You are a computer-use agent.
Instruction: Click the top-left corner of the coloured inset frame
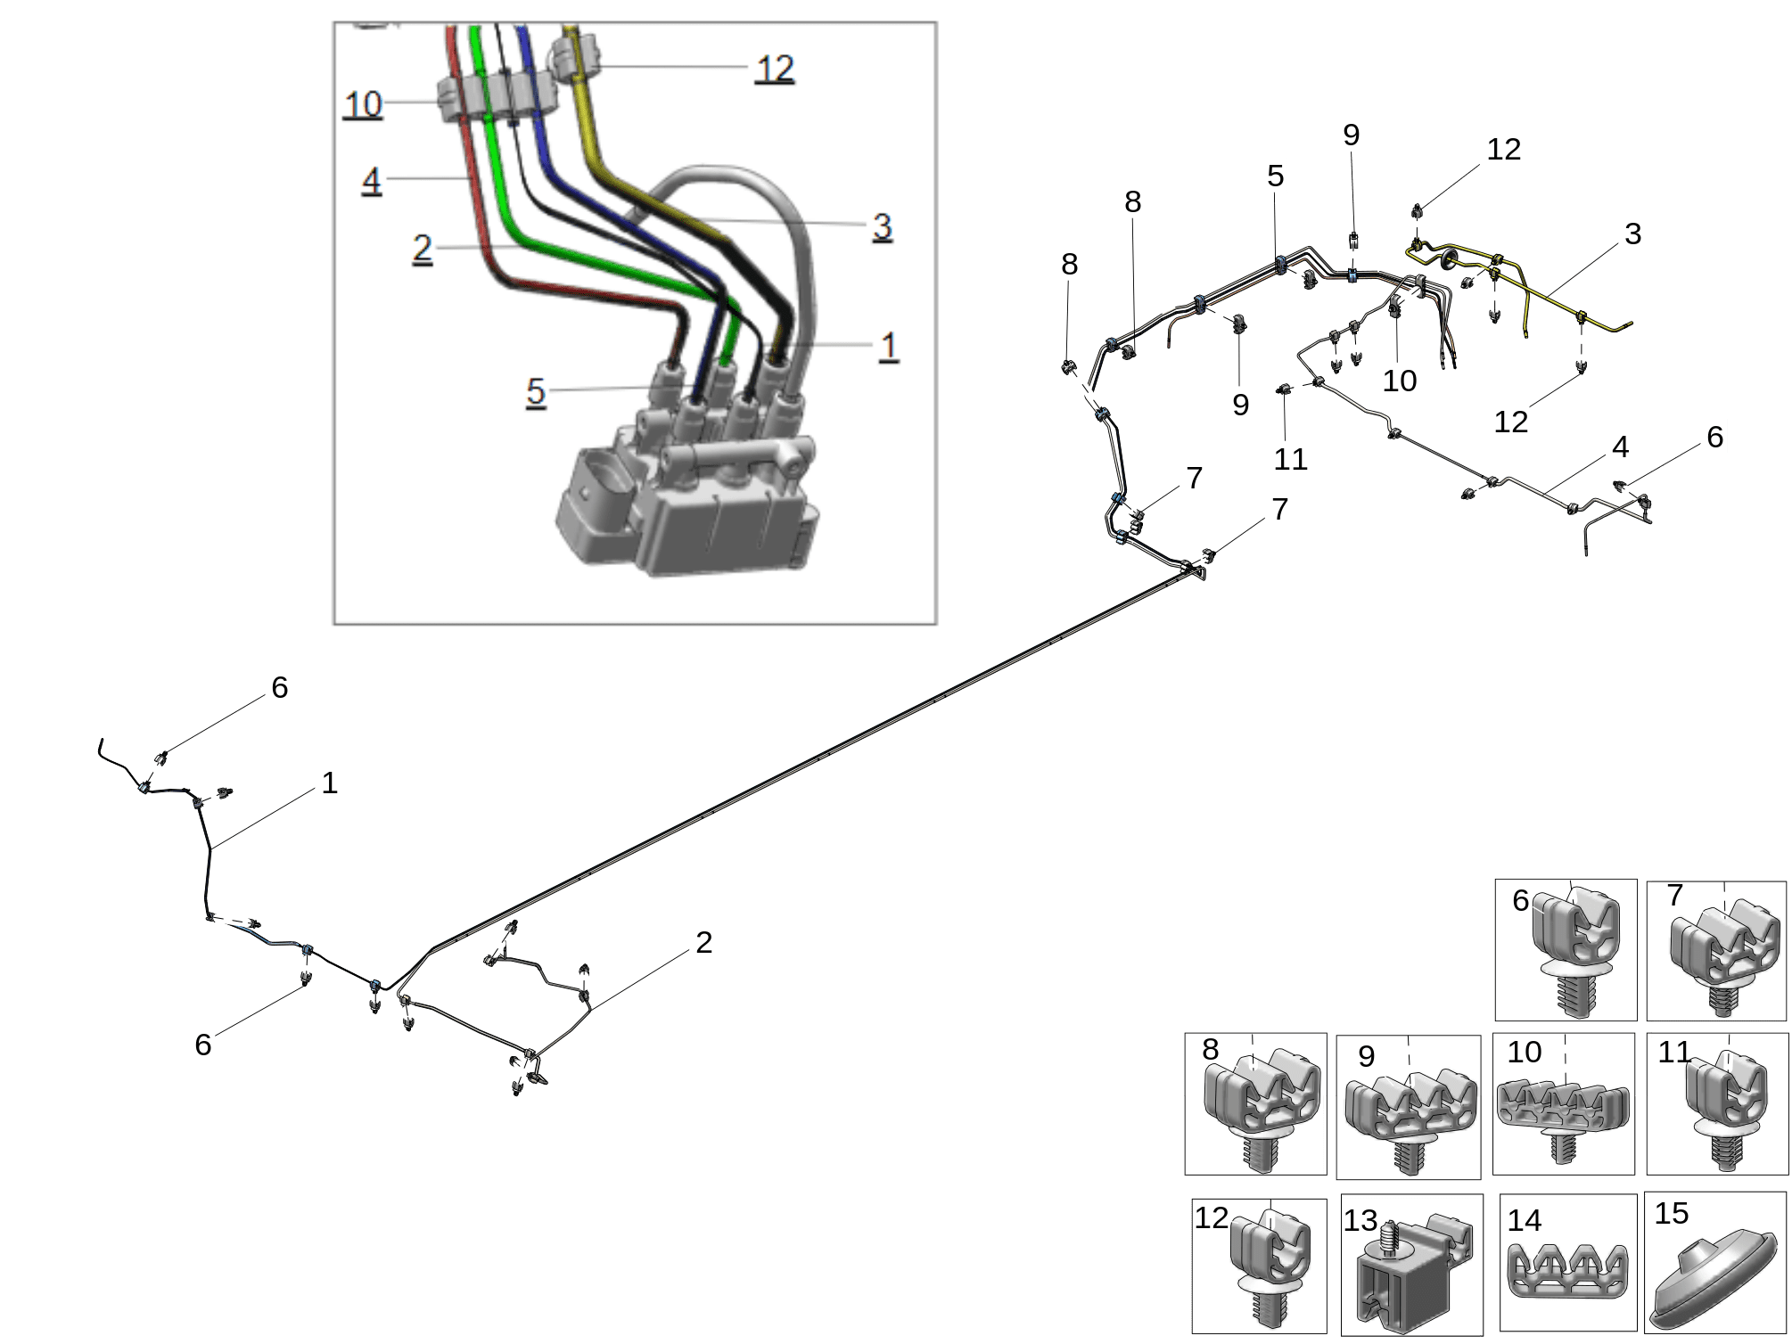(x=334, y=23)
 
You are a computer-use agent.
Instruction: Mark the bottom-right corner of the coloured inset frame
(x=936, y=624)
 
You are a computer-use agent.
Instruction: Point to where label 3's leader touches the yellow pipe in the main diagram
(x=1549, y=296)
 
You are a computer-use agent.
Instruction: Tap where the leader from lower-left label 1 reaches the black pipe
(x=210, y=848)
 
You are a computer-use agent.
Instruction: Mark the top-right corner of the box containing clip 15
(x=1787, y=1192)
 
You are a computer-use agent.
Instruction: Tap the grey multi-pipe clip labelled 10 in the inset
(x=495, y=98)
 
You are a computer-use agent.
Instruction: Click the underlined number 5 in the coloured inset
(x=535, y=392)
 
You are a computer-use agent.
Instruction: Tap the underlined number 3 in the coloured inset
(x=882, y=226)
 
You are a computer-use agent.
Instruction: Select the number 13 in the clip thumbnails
(x=1360, y=1220)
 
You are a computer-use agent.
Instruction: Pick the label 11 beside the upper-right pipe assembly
(x=1290, y=459)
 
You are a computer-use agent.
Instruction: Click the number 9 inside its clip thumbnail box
(x=1366, y=1056)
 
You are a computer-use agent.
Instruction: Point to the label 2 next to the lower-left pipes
(x=703, y=942)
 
